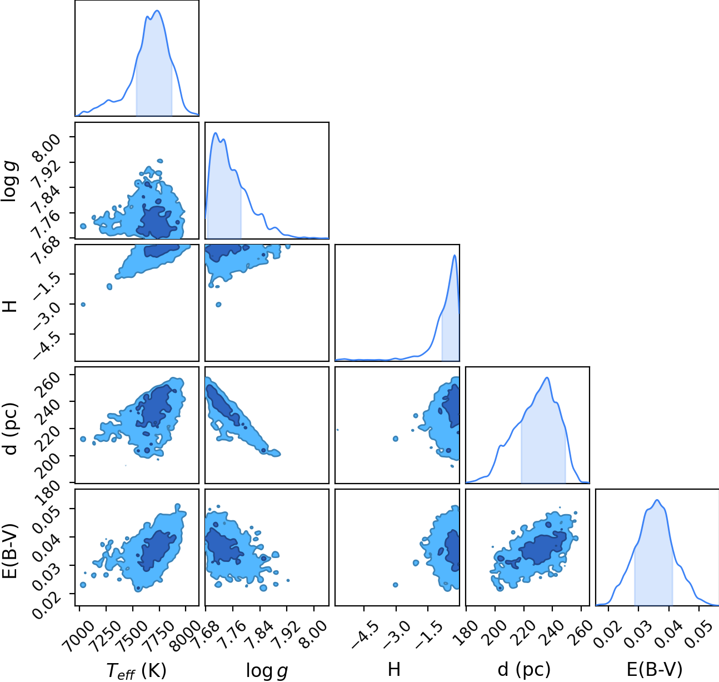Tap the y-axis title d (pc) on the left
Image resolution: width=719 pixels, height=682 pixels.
click(x=11, y=429)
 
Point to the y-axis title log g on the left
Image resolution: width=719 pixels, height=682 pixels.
click(x=10, y=181)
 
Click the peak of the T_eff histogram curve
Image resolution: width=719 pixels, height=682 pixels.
click(x=157, y=10)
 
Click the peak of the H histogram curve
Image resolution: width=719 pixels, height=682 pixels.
click(x=455, y=255)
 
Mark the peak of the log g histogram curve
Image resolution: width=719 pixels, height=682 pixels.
click(x=216, y=133)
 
